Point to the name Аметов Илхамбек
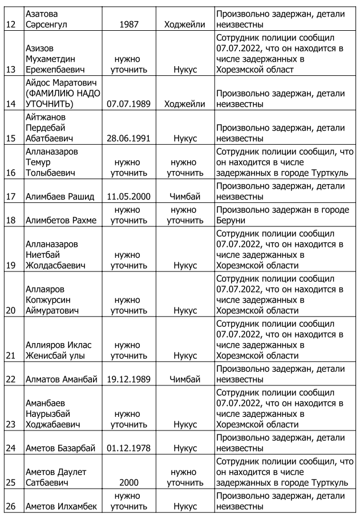pyautogui.click(x=61, y=506)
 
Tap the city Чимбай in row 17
pyautogui.click(x=185, y=197)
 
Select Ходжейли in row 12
pyautogui.click(x=185, y=25)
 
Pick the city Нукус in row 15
pyautogui.click(x=185, y=139)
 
